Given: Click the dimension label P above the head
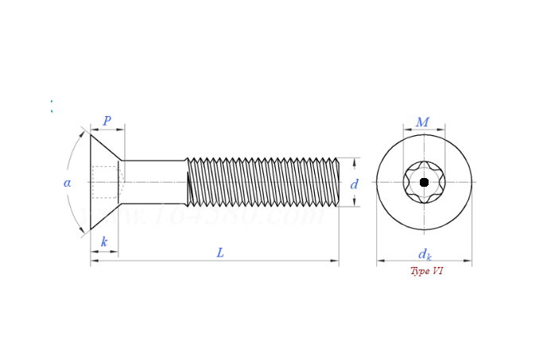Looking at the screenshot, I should coord(107,122).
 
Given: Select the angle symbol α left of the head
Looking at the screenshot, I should coord(68,183).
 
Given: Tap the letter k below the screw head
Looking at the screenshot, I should coord(104,242).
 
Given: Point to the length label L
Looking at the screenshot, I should coord(220,253).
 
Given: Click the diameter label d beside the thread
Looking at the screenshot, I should coord(355,184).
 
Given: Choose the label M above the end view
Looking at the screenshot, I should coord(422,122).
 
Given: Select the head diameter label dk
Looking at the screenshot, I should coord(425,254).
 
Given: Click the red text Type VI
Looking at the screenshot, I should coord(427,271).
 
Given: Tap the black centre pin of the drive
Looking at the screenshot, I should coord(424,182).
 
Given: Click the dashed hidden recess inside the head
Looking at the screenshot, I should coord(105,182).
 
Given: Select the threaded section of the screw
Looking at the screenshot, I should coord(262,182).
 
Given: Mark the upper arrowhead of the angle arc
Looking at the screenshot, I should coord(83,132).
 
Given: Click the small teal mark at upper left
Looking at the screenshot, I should coord(52,106).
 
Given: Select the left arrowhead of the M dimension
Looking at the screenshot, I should coord(406,130).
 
